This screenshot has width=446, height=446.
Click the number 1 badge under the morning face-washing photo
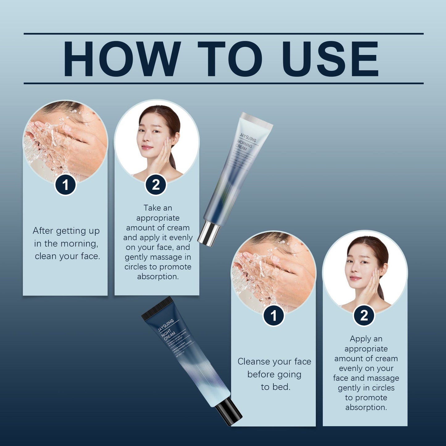(65, 185)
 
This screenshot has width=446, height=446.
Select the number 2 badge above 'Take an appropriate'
(156, 185)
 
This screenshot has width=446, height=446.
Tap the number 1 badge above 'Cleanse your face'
(273, 316)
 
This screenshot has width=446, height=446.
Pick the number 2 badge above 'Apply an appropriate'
(364, 316)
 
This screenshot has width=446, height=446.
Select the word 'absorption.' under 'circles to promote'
(158, 276)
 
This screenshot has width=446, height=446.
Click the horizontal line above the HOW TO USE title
(223, 33)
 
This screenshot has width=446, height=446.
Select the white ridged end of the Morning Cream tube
(257, 120)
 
